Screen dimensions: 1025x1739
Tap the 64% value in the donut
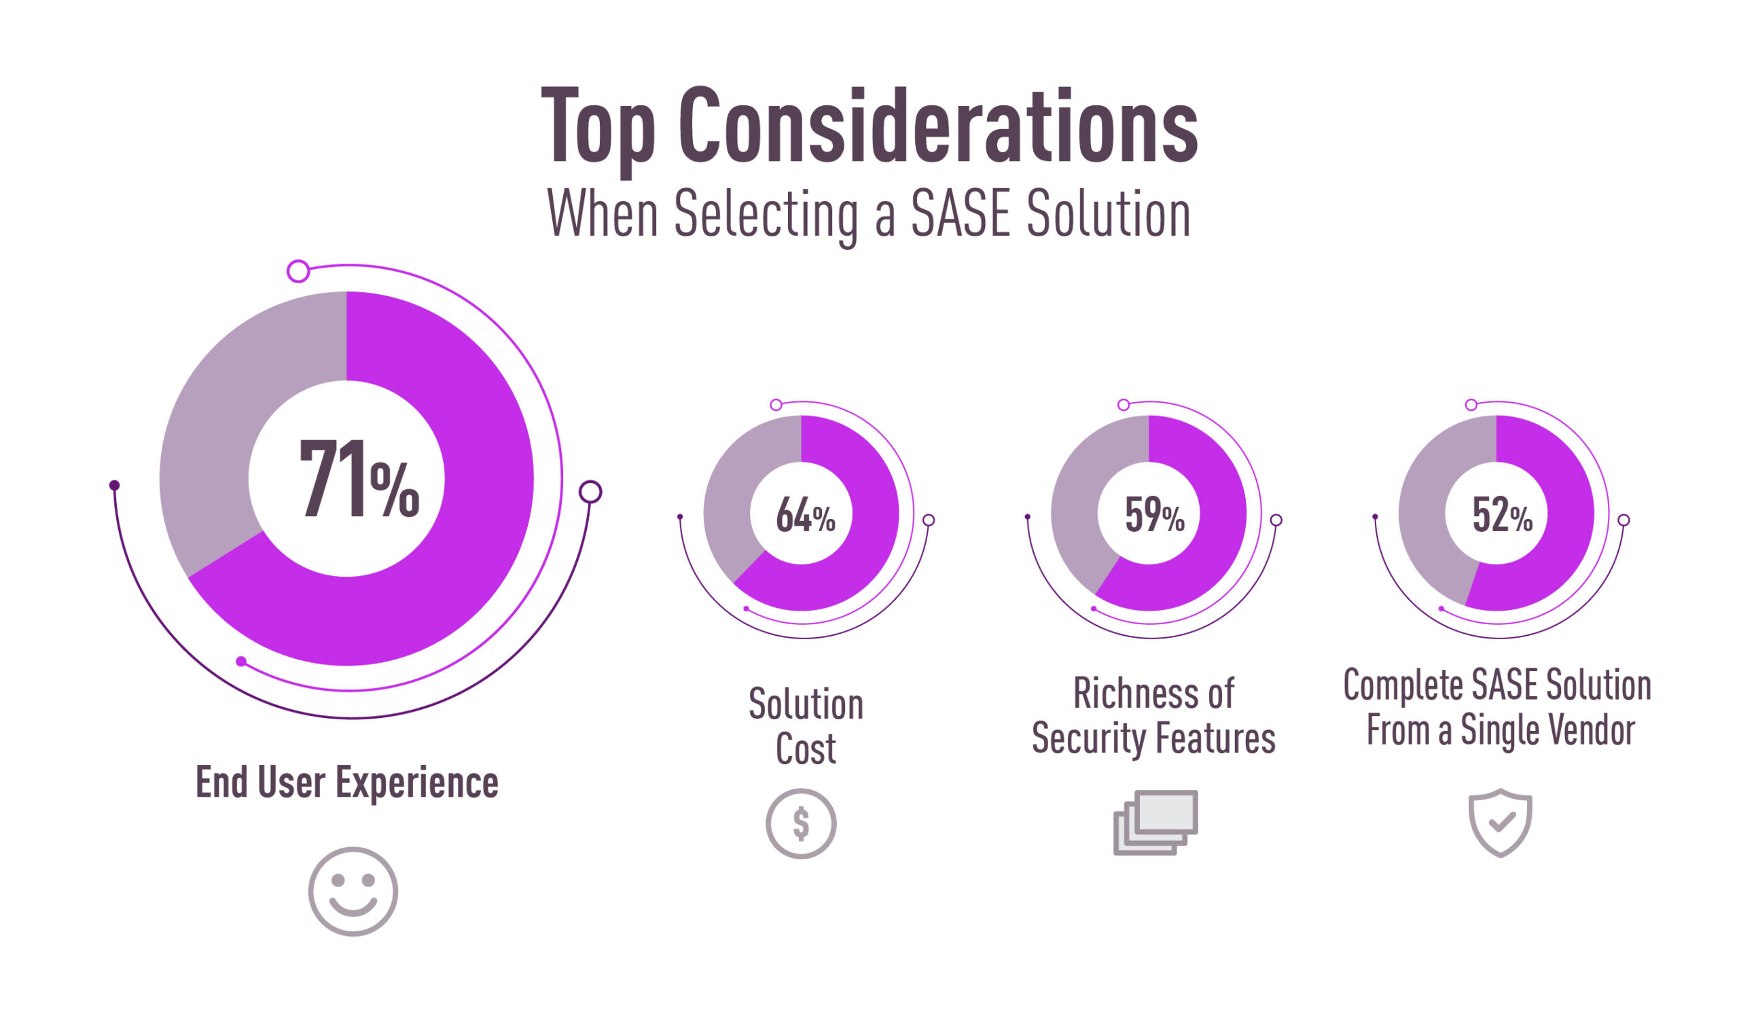click(x=805, y=516)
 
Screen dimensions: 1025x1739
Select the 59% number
click(x=1154, y=516)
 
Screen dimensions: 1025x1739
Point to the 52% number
click(x=1502, y=516)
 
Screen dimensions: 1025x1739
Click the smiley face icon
click(x=353, y=892)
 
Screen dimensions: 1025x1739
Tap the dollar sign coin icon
click(x=801, y=824)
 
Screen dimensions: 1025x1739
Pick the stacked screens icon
click(x=1155, y=823)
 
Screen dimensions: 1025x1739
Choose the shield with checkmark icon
click(x=1500, y=823)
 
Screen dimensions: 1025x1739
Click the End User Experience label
click(x=346, y=783)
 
